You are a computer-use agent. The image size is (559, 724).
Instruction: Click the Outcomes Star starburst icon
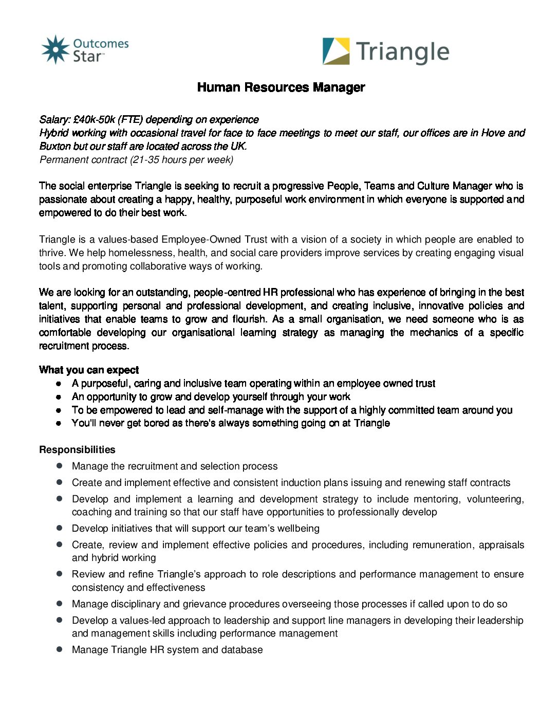click(x=55, y=50)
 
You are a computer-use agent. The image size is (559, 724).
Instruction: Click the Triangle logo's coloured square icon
click(x=336, y=51)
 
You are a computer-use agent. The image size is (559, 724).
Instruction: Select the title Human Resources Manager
click(x=281, y=87)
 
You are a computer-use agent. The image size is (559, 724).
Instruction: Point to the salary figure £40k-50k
click(x=94, y=120)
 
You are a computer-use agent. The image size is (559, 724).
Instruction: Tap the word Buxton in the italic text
click(x=55, y=147)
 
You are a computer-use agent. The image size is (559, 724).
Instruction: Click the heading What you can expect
click(x=89, y=370)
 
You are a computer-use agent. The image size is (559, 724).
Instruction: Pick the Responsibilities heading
click(x=77, y=450)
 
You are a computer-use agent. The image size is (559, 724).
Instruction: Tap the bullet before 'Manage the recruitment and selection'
click(x=60, y=466)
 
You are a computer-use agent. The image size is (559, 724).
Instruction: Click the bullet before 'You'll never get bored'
click(x=60, y=423)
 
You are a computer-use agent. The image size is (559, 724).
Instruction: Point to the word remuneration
click(x=442, y=545)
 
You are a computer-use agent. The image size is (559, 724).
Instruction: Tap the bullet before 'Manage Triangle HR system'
click(x=60, y=649)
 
